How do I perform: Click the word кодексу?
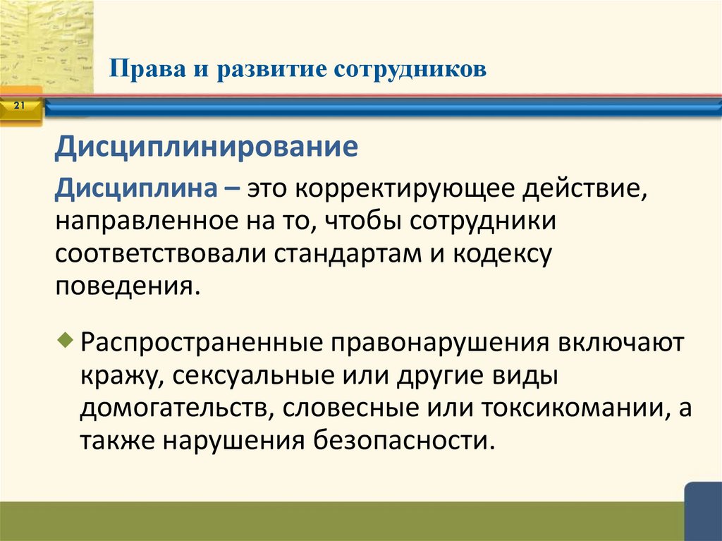click(503, 253)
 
